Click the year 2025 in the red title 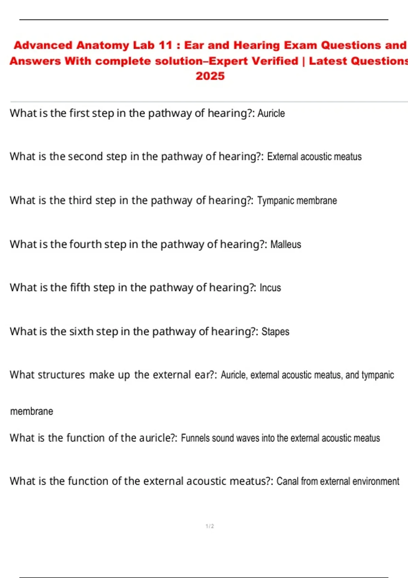(210, 76)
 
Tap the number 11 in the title (166, 45)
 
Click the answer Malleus (286, 244)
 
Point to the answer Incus (270, 288)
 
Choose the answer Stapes (275, 331)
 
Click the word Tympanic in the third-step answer (276, 201)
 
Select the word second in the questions (85, 156)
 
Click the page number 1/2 (210, 526)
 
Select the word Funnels (195, 438)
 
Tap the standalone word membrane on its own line (32, 411)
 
